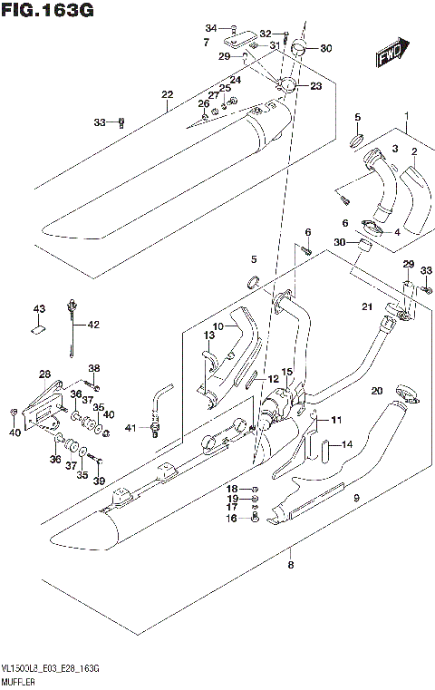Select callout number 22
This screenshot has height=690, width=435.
(167, 95)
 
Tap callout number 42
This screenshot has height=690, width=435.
(93, 324)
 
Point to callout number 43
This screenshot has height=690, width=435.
(39, 310)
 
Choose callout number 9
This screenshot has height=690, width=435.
(356, 498)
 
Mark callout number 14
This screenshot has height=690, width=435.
(345, 444)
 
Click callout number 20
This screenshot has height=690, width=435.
(376, 391)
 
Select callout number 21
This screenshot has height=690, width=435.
(368, 306)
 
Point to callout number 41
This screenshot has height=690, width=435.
(130, 427)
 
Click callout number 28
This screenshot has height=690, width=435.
(43, 374)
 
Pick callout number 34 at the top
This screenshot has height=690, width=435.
(210, 27)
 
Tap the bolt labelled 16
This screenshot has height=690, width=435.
(255, 518)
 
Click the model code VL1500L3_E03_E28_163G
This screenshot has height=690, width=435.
(50, 667)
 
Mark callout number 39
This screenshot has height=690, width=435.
(99, 480)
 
